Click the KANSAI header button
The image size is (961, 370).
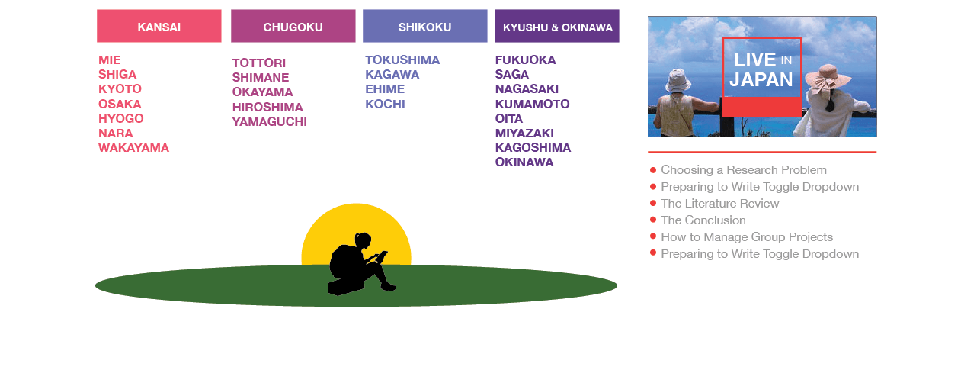click(x=159, y=26)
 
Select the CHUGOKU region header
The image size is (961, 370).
click(x=293, y=26)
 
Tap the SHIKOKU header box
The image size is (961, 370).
click(x=425, y=26)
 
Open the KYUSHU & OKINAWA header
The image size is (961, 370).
click(x=557, y=26)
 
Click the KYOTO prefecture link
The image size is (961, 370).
click(x=120, y=88)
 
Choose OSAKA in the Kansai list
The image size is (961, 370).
click(x=120, y=104)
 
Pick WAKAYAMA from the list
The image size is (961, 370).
click(x=133, y=148)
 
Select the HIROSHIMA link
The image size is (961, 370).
click(x=267, y=107)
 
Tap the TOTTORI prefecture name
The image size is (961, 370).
click(x=259, y=63)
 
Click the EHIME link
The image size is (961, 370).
click(x=385, y=88)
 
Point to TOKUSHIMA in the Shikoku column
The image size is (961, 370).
click(x=402, y=60)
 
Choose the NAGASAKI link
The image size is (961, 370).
click(x=527, y=88)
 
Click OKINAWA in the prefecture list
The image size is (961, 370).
click(x=524, y=162)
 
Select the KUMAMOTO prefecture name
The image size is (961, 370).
click(x=533, y=104)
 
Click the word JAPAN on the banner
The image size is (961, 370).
click(x=761, y=80)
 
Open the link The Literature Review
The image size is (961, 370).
click(x=720, y=204)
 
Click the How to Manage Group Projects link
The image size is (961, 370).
click(x=747, y=237)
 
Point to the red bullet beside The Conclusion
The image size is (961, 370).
click(x=653, y=220)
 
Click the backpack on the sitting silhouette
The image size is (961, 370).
click(x=341, y=261)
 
